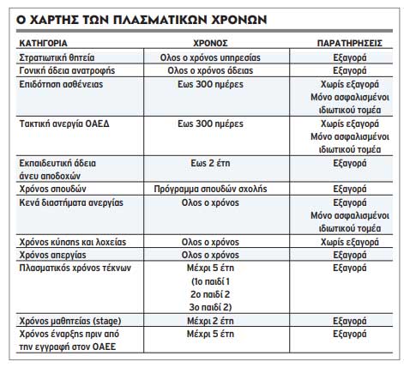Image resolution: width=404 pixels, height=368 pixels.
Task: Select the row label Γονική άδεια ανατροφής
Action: [68, 69]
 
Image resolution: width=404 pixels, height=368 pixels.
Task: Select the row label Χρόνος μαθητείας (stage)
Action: [69, 319]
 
